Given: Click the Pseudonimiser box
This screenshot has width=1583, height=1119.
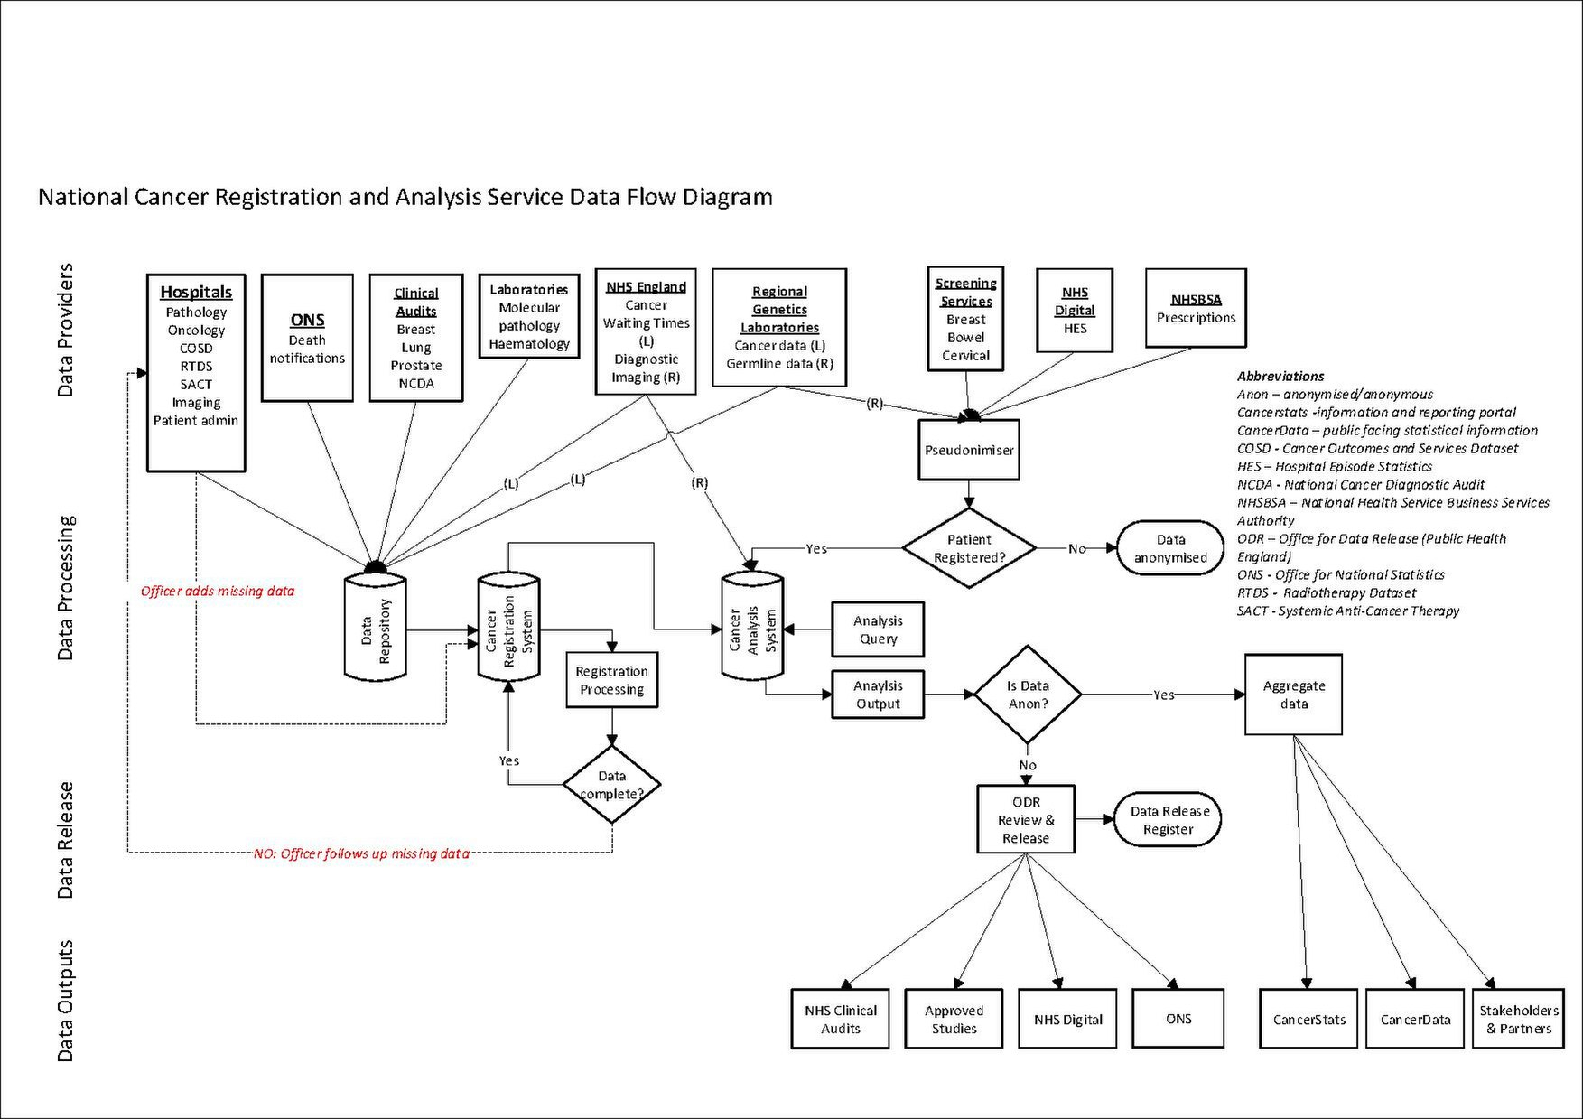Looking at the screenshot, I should coord(969,450).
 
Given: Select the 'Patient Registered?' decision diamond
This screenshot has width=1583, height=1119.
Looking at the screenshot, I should coord(969,548).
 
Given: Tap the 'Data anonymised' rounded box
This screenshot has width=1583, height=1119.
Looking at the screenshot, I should coord(1170,548).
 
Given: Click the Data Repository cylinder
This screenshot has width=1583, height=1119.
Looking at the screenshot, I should coord(376,627).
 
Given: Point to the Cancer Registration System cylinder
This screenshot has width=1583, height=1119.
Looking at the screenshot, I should coord(508,627).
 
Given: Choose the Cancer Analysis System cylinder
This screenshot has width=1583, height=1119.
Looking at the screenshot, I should coord(752,627).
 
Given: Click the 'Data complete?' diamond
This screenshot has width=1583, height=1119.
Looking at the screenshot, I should coord(611,784).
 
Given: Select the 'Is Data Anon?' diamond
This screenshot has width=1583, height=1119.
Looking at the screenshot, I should coord(1028,695).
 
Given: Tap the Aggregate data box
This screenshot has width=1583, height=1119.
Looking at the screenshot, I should coord(1293,695).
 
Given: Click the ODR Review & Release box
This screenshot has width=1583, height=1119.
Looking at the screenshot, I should coord(1026,819).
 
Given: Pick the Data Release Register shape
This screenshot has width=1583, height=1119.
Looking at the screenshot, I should coord(1169,820).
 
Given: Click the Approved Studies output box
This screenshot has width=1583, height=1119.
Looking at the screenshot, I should coord(954,1019).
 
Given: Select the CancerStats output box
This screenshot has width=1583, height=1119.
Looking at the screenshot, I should coord(1308,1019).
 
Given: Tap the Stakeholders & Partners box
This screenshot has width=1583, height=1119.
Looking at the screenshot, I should coord(1518,1019).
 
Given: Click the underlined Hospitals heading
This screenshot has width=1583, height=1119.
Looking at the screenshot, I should coord(196,292).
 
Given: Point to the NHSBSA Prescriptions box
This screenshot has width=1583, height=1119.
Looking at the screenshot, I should coord(1196,308).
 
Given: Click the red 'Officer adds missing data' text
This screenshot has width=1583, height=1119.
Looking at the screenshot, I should coord(217,592).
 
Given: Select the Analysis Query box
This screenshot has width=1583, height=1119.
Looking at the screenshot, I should coord(878,629).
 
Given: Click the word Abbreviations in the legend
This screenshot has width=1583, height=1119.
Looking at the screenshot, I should coord(1280,376).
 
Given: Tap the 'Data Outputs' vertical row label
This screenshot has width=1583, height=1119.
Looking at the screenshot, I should coord(65,1001).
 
